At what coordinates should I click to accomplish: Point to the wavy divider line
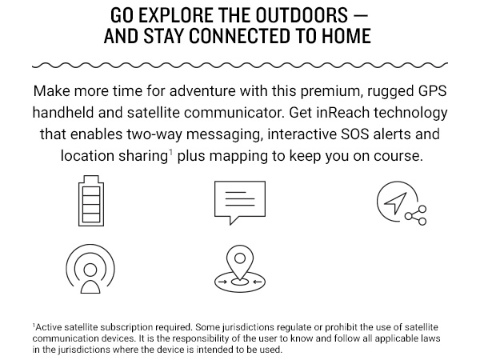[x=240, y=62]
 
